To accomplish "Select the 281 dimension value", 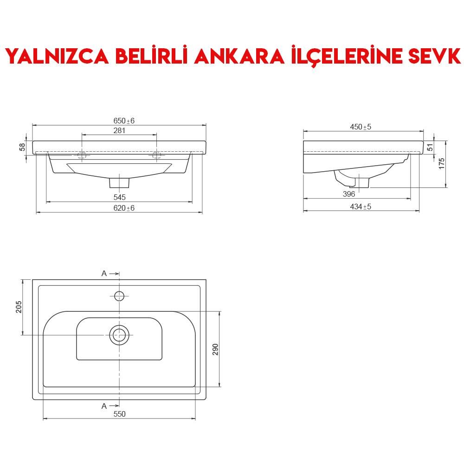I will click(119, 130).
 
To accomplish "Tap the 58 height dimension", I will click(22, 147).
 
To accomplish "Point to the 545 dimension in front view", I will click(119, 198).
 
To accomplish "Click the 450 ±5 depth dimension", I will click(361, 127).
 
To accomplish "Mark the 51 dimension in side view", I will click(430, 147).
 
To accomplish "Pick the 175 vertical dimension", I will click(442, 163).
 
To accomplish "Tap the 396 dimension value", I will click(349, 194).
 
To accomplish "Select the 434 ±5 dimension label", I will click(361, 206).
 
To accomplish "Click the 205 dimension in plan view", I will click(19, 307).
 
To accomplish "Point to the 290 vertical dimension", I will click(215, 349).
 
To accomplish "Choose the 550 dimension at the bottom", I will click(119, 414).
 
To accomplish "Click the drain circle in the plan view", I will click(119, 335).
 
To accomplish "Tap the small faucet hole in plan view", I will click(119, 295).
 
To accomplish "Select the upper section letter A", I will click(104, 273).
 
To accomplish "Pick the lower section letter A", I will click(104, 406).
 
